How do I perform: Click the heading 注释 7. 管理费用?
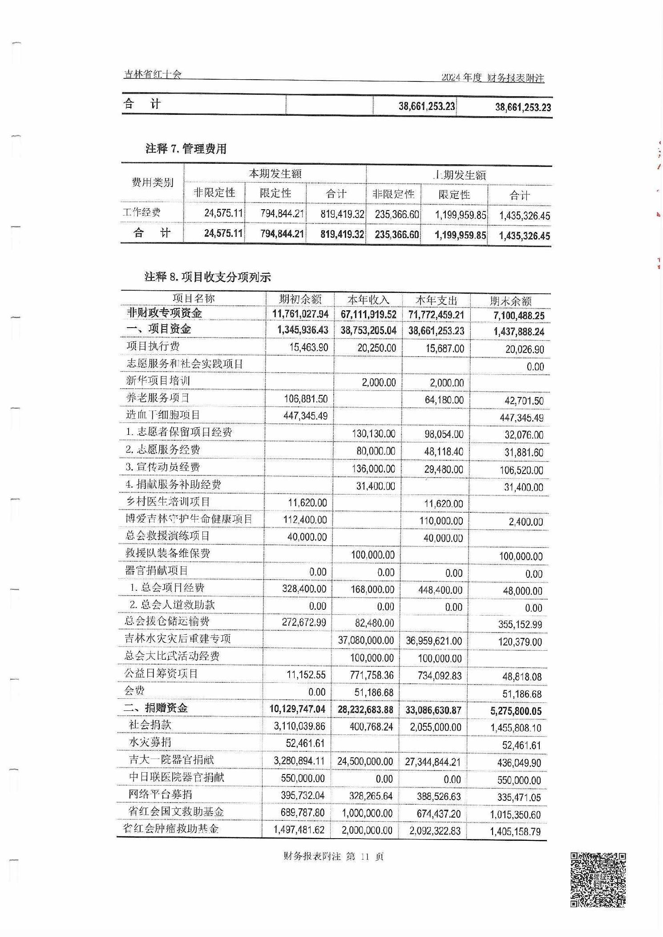[186, 149]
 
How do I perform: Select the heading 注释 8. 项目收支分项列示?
[208, 277]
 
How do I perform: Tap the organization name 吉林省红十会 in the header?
[153, 74]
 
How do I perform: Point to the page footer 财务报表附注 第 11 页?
[333, 856]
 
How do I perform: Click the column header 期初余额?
[300, 299]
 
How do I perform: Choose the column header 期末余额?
[510, 301]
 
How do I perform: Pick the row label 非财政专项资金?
[164, 313]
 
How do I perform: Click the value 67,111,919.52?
[368, 314]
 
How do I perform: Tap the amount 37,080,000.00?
[366, 641]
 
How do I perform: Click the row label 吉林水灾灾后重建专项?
[178, 639]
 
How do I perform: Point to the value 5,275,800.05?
[516, 711]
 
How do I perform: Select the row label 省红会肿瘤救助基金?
[171, 829]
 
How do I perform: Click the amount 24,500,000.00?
[365, 762]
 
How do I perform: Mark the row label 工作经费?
[141, 212]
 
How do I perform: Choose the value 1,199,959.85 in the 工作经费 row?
[460, 215]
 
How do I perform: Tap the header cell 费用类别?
[152, 183]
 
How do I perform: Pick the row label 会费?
[134, 691]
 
